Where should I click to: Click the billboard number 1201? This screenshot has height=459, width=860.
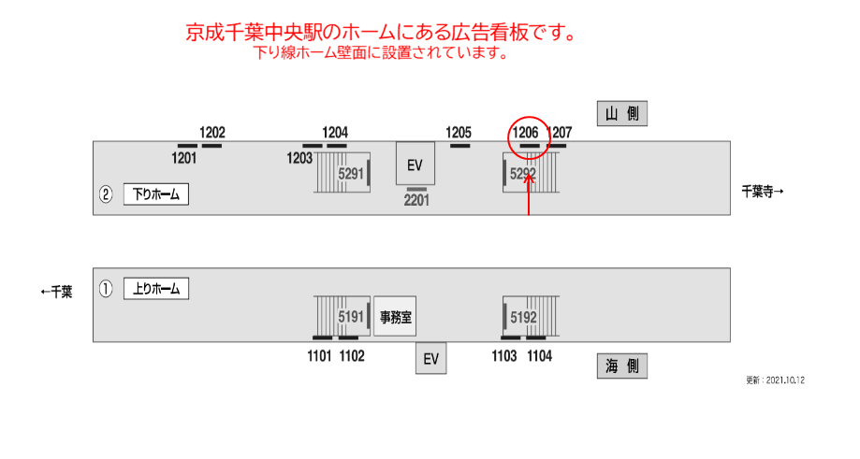coord(184,158)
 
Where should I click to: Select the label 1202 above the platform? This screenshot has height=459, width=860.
coord(212,133)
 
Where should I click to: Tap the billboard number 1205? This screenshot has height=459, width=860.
coord(459,133)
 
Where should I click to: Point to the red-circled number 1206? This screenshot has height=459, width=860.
coord(525,133)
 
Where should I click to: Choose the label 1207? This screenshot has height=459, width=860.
coord(559,133)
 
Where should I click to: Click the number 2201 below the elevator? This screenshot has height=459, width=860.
coord(416,200)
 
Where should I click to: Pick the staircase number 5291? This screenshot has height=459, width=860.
coord(351,174)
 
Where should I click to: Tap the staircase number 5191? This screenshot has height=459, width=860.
coord(351,317)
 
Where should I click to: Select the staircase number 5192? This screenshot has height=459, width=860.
coord(523,317)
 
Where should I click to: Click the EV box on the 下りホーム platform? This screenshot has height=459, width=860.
coord(415,165)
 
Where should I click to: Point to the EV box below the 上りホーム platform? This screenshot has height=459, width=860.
coord(430,358)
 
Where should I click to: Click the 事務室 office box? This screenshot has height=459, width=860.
coord(395,317)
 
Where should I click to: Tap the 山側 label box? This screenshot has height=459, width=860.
coord(622,114)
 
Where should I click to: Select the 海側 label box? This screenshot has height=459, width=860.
coord(622,366)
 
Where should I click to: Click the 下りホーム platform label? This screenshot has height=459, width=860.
coord(156,194)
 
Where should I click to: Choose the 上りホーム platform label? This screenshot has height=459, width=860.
coord(156,289)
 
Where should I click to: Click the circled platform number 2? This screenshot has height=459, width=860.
coord(106,194)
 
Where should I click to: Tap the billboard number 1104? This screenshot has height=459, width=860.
coord(539,355)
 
